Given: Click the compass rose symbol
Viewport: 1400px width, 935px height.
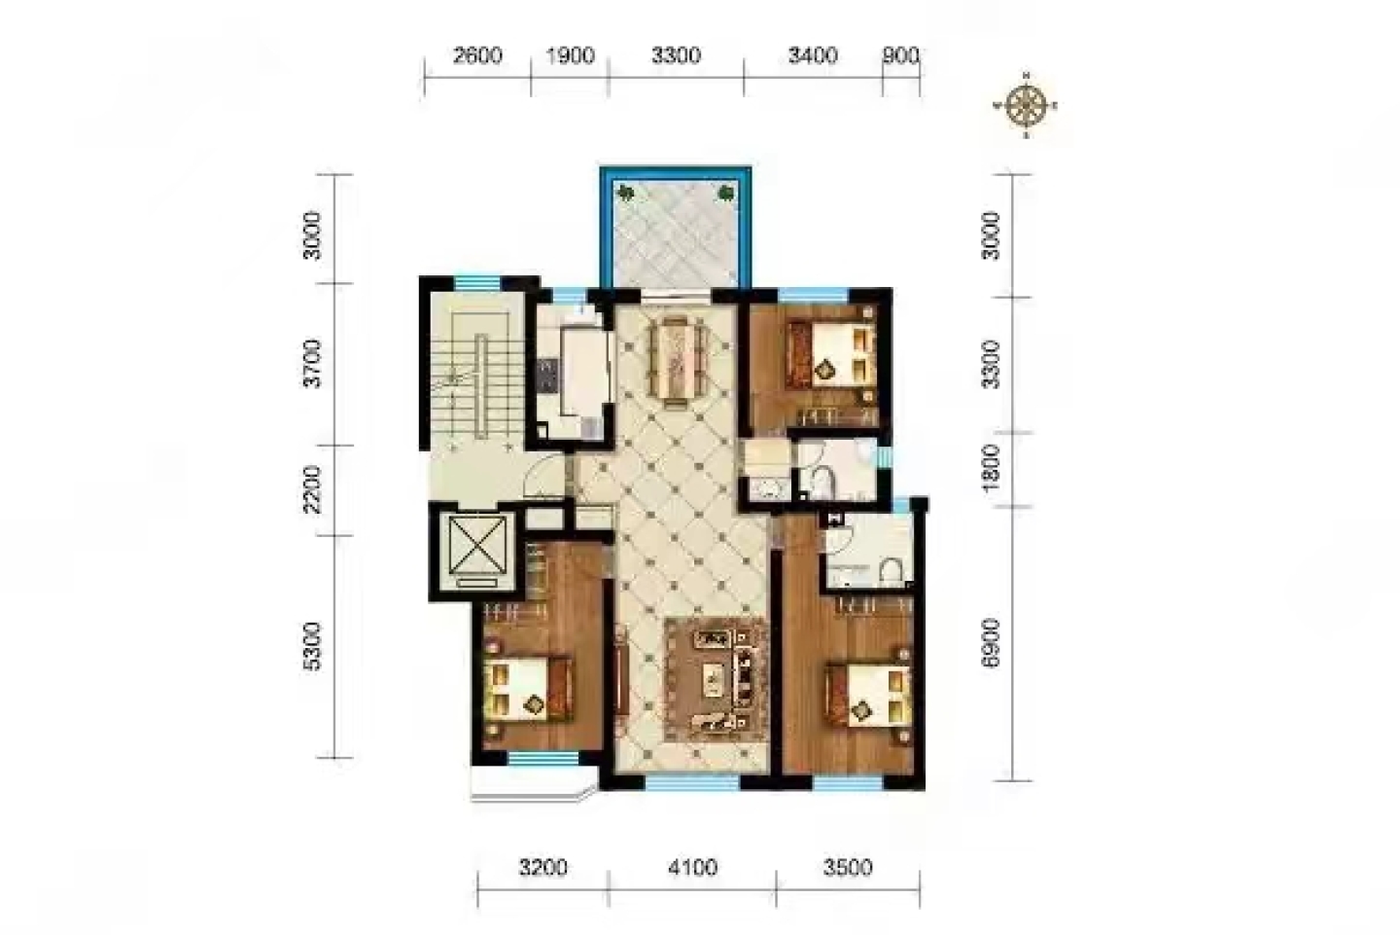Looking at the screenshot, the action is [1026, 105].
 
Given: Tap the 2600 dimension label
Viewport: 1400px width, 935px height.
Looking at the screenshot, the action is [477, 56].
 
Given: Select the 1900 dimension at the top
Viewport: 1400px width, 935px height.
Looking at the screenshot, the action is [570, 56].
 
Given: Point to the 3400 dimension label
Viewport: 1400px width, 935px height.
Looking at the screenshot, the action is [813, 56].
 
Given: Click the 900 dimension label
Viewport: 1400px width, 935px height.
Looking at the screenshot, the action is [900, 56].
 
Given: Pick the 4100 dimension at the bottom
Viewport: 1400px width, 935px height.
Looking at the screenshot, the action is [692, 868].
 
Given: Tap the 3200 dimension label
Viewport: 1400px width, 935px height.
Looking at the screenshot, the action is [543, 868].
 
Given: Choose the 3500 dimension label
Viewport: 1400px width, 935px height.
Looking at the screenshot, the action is [848, 868].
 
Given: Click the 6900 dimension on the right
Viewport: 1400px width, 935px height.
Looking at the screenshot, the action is [991, 643].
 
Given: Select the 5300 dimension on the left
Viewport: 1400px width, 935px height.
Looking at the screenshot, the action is [311, 647].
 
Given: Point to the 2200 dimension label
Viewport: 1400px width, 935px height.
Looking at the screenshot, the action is [311, 489].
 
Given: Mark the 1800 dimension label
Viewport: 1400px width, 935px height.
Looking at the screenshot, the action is [991, 469].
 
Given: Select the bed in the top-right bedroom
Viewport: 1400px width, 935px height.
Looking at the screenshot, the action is [829, 353].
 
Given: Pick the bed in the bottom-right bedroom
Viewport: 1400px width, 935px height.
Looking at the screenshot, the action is [868, 695].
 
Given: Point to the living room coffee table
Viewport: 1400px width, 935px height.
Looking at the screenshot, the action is [713, 677].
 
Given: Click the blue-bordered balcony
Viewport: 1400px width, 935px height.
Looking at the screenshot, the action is [676, 228].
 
